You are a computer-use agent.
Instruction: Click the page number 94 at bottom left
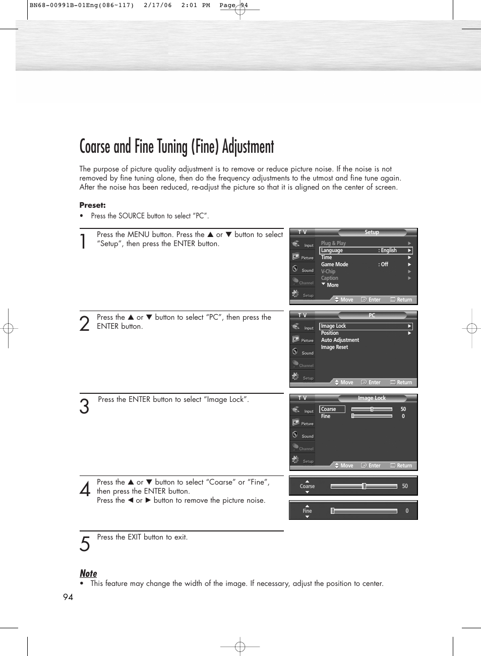[x=68, y=597]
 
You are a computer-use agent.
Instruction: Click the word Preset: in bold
[x=92, y=205]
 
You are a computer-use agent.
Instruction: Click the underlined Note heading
[x=88, y=573]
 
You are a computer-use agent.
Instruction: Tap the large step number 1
[x=83, y=241]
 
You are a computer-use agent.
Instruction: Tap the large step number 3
[x=84, y=406]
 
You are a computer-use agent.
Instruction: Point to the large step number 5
[x=85, y=544]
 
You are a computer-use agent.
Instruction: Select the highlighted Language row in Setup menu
[x=366, y=251]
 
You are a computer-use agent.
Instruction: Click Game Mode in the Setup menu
[x=335, y=264]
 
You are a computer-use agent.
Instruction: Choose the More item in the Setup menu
[x=332, y=285]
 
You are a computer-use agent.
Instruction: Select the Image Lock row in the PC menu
[x=366, y=326]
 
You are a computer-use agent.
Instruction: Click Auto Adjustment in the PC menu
[x=340, y=340]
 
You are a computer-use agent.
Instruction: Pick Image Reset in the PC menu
[x=334, y=347]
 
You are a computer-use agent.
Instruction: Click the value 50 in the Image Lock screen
[x=403, y=409]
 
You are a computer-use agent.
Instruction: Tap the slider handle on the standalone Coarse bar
[x=364, y=486]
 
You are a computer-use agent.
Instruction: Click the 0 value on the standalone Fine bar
[x=407, y=511]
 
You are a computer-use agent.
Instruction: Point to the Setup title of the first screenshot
[x=372, y=232]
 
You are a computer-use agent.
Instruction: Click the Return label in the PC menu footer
[x=404, y=383]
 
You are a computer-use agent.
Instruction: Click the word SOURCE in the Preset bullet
[x=131, y=216]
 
